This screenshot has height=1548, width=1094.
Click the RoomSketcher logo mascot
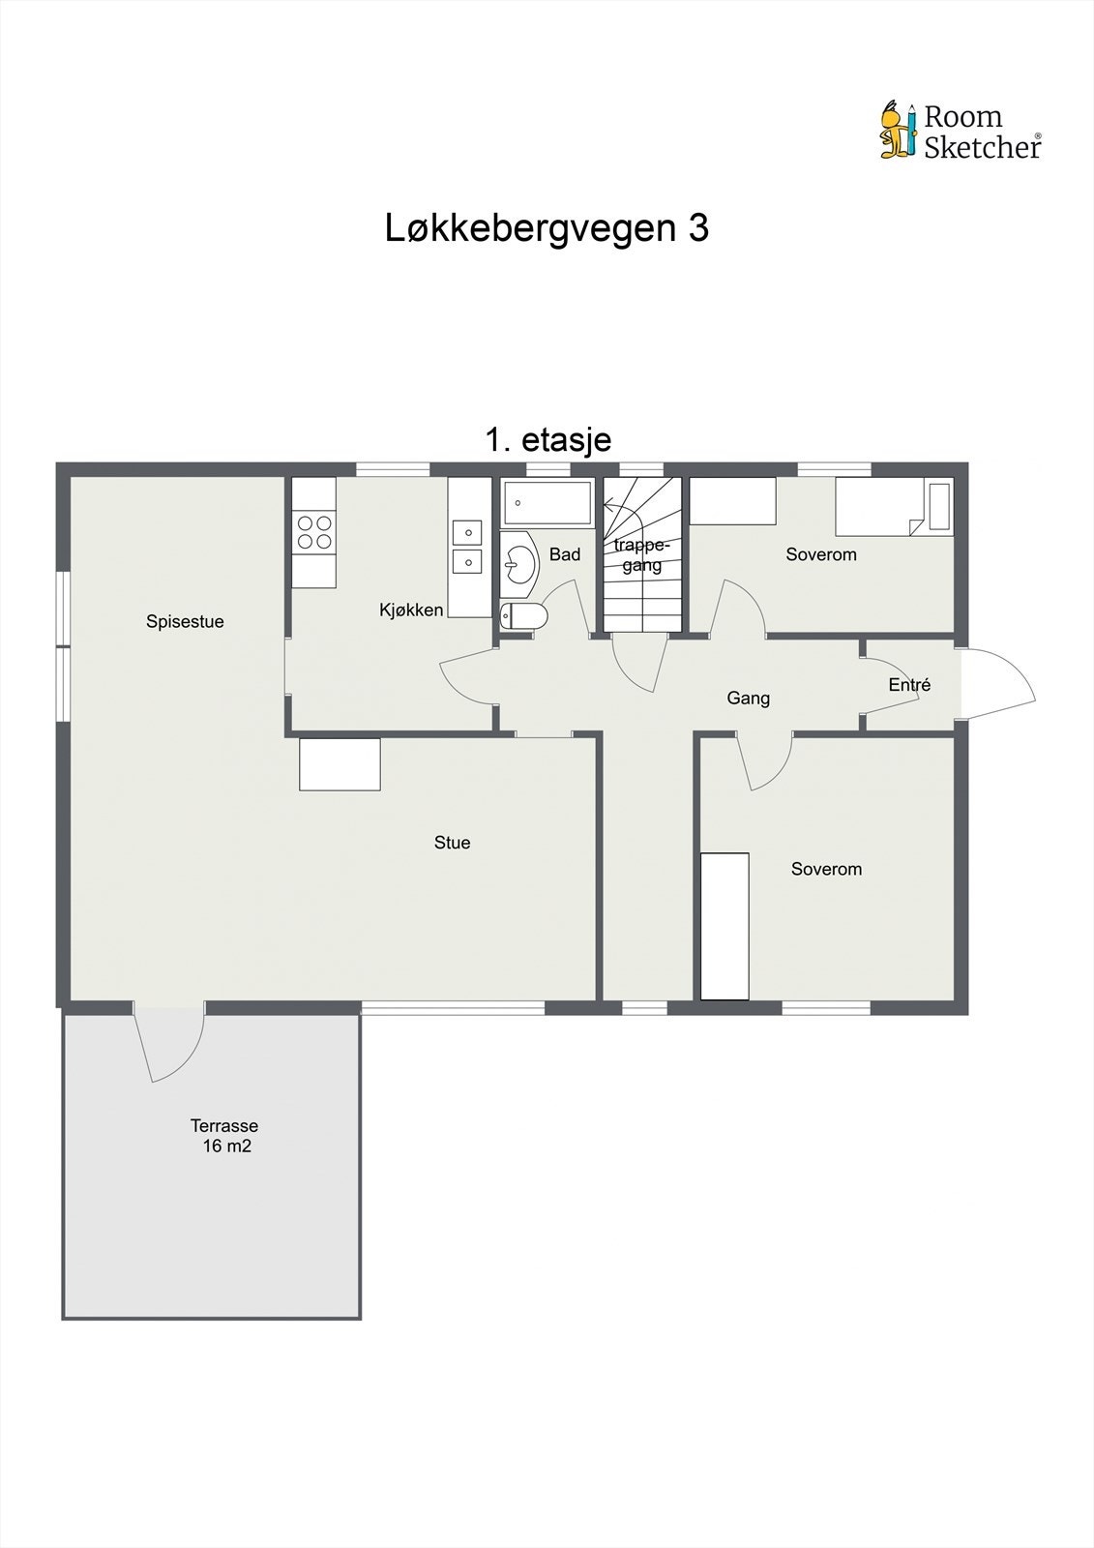click(x=897, y=130)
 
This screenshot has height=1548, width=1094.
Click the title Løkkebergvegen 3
click(x=547, y=228)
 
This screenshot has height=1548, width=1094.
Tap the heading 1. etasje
click(x=547, y=440)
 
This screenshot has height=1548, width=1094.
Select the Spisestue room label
click(x=185, y=622)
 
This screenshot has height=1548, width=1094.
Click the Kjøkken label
click(x=411, y=610)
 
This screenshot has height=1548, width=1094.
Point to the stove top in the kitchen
click(x=313, y=532)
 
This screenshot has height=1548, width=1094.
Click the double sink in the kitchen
click(x=468, y=547)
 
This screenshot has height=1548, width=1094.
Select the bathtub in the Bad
click(x=547, y=503)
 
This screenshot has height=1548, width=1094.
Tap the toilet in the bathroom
click(x=523, y=615)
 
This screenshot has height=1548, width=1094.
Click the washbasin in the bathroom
click(x=520, y=562)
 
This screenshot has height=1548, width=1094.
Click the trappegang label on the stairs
click(x=641, y=555)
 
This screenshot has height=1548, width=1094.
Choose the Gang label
click(x=748, y=699)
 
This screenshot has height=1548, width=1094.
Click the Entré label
click(x=909, y=685)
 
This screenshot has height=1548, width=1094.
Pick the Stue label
click(x=452, y=843)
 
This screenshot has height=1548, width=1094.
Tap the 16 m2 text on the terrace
click(x=227, y=1146)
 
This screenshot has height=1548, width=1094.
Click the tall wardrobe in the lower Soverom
click(x=724, y=926)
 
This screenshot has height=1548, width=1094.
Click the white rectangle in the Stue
click(x=340, y=764)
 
